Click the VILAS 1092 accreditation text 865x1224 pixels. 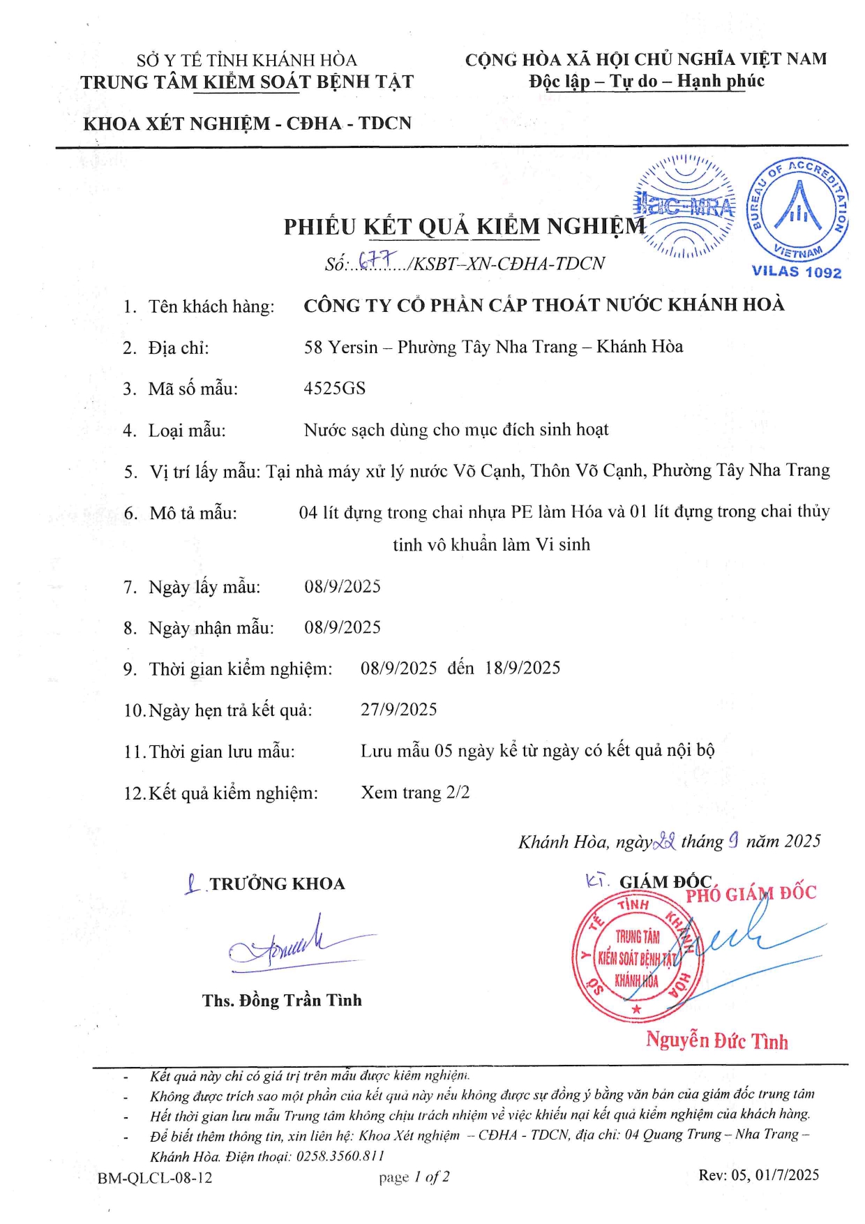(x=796, y=272)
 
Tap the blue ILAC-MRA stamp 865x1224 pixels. (x=684, y=207)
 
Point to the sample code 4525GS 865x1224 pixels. (x=334, y=389)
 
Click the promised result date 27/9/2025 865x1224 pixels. (x=398, y=710)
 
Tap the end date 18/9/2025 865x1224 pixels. (x=522, y=669)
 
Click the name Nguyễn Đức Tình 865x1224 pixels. (x=716, y=1040)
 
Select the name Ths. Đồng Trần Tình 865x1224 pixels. (x=282, y=1001)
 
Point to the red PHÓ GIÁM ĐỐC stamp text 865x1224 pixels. (x=751, y=894)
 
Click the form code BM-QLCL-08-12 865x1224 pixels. (x=155, y=1178)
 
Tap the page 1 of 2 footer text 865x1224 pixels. (x=414, y=1177)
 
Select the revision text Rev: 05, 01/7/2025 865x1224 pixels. (x=759, y=1175)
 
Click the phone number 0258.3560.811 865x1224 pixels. (x=340, y=1156)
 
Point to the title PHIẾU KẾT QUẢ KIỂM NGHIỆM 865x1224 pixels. (x=465, y=227)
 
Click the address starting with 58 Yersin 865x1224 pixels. (x=493, y=347)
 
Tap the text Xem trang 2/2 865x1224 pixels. (x=415, y=793)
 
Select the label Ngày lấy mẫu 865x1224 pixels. (x=204, y=588)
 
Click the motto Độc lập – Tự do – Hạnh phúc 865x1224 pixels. (x=646, y=82)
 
